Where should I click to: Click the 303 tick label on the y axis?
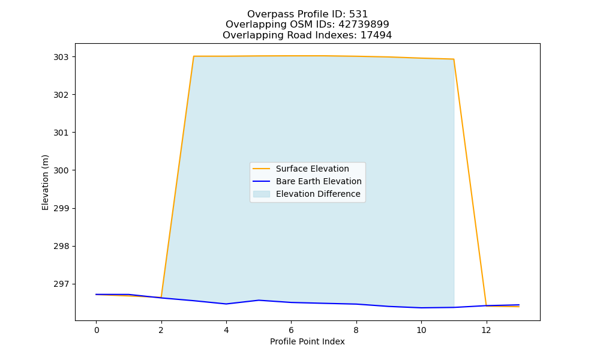[61, 57]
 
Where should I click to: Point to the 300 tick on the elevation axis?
[61, 170]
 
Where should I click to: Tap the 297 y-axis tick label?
[61, 284]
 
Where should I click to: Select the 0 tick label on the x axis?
[97, 330]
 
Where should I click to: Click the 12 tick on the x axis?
[486, 330]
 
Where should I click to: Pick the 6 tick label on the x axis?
[291, 330]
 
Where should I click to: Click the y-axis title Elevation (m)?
[45, 182]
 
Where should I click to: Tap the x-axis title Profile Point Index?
[307, 341]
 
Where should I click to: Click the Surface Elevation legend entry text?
[312, 169]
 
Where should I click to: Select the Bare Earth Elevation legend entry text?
[319, 181]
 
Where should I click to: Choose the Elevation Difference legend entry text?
[318, 194]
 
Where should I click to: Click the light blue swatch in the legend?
[262, 194]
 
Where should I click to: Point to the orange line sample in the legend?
[262, 169]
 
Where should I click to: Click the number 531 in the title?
[359, 14]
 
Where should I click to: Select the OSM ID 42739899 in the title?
[364, 25]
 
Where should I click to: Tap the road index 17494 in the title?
[376, 35]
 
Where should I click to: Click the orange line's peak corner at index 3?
[194, 56]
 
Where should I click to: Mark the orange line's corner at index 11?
[454, 59]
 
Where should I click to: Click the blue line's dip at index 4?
[226, 304]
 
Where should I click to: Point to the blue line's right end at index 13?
[519, 305]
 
